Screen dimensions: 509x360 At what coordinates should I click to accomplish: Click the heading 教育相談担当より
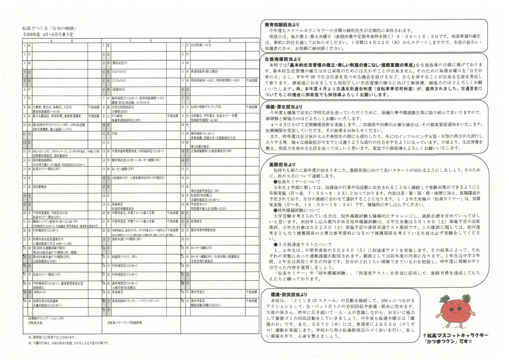280,25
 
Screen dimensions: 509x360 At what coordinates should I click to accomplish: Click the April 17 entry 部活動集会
41,186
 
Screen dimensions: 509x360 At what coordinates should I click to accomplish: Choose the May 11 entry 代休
115,134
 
